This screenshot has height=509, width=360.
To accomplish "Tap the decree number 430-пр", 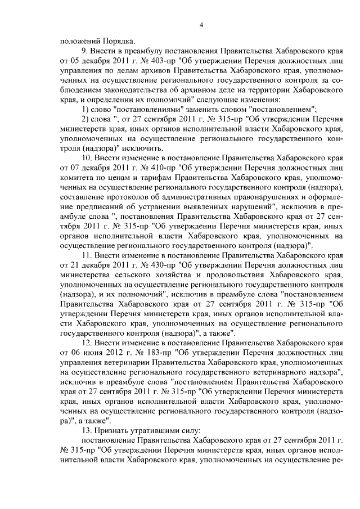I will click(148, 264).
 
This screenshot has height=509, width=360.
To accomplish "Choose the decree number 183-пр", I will click(138, 352).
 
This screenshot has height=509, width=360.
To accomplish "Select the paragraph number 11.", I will click(88, 255).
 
